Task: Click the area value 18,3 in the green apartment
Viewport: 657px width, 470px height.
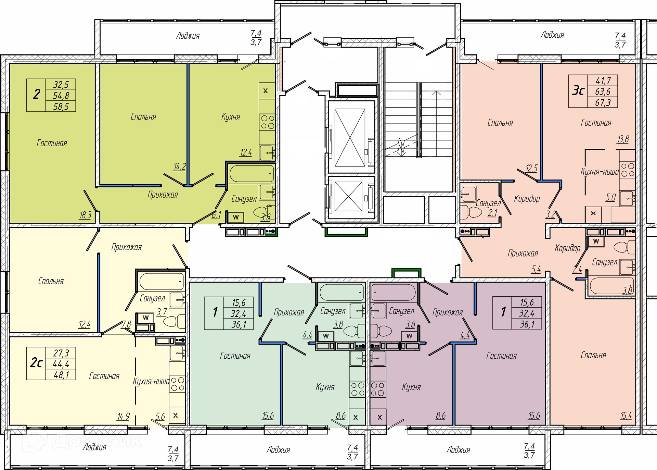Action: point(85,215)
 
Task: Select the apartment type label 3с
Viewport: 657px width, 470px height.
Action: point(578,91)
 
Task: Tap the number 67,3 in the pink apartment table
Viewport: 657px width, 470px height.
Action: point(603,102)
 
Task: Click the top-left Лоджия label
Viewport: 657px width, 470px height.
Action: point(188,36)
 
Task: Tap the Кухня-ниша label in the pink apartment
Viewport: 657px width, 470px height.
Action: point(600,172)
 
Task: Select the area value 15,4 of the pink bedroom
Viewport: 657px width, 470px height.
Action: point(626,416)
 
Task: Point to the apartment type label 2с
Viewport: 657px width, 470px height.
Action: point(36,363)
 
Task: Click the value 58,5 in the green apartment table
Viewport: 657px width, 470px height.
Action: point(61,107)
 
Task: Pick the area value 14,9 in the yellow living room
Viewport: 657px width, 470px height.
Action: point(123,417)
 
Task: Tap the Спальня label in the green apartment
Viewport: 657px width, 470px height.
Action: point(143,117)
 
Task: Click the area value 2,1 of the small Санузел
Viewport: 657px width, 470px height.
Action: point(492,213)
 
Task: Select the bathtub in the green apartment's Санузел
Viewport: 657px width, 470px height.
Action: point(252,173)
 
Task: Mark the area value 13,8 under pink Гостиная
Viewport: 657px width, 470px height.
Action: point(623,139)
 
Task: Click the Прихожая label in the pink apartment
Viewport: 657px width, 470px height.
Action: point(523,253)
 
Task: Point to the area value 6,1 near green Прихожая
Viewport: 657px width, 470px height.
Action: point(216,215)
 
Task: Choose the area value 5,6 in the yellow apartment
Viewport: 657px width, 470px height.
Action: point(160,417)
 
